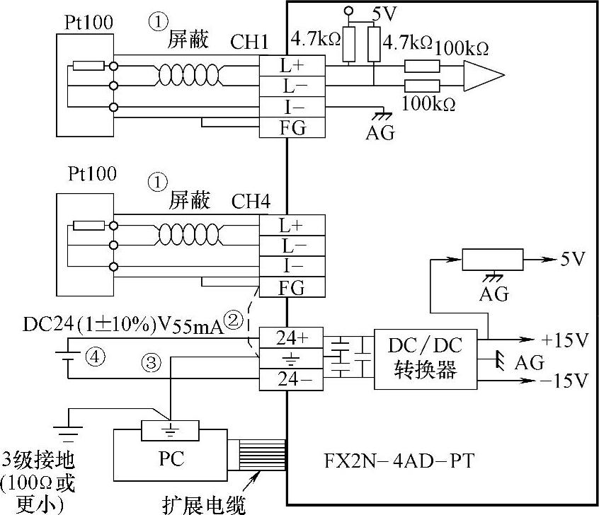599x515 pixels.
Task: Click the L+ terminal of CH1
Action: click(x=292, y=66)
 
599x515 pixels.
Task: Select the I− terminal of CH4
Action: click(x=292, y=266)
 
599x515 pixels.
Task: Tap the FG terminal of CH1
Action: click(x=292, y=127)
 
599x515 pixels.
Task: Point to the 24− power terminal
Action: click(x=291, y=379)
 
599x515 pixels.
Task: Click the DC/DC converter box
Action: click(x=426, y=359)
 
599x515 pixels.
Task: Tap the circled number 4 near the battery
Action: click(x=91, y=357)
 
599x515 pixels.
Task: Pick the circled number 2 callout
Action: click(x=234, y=320)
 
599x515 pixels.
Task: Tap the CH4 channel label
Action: click(x=251, y=201)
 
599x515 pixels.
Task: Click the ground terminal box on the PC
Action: click(x=170, y=430)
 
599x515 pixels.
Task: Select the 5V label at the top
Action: click(x=386, y=12)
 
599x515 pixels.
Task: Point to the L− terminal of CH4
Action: click(x=292, y=245)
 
